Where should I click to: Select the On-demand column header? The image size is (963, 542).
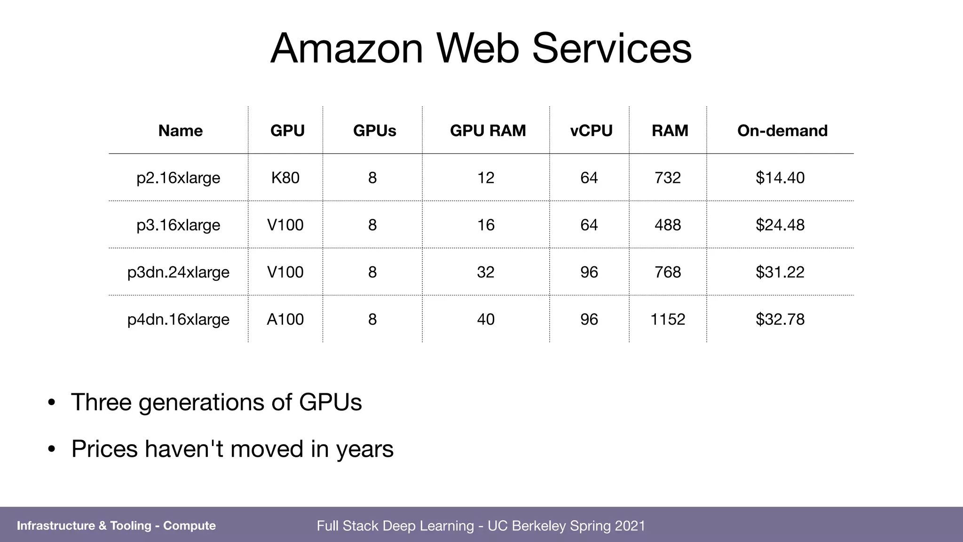point(782,130)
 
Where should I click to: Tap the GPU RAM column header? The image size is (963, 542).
point(488,130)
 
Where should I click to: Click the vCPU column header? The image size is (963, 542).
point(591,130)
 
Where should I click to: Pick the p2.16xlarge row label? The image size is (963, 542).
point(178,178)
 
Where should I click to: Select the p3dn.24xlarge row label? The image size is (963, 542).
point(178,272)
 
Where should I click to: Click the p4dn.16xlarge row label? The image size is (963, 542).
point(178,319)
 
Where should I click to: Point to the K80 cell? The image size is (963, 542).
point(285,178)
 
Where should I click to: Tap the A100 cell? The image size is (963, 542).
point(285,319)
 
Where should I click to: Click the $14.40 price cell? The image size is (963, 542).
point(780,178)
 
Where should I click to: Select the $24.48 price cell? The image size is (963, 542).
point(780,225)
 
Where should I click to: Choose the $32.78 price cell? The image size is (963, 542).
point(780,319)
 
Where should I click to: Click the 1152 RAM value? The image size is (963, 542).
point(668,319)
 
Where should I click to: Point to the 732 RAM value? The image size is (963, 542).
point(668,178)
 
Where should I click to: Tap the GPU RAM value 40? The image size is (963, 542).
point(486,319)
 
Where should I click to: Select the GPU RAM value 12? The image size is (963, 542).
point(486,178)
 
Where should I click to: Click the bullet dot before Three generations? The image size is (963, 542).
point(52,403)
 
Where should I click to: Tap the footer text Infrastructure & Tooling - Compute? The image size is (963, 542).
point(116,526)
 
